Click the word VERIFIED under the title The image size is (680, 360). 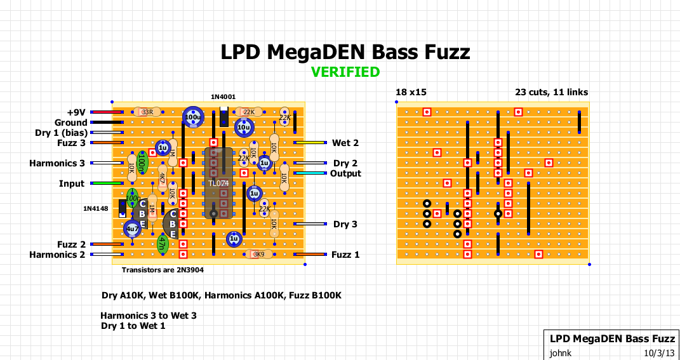tap(345, 72)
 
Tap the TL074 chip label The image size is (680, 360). tap(218, 183)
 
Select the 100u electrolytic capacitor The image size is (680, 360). tap(193, 117)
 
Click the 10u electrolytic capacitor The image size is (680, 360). tap(244, 127)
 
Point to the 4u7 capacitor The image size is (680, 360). tap(132, 229)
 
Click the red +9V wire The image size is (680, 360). tap(105, 112)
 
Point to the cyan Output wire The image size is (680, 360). tap(310, 173)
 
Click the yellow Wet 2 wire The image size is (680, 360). tap(310, 142)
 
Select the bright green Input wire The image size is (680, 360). tap(107, 183)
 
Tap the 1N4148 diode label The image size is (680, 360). tap(95, 208)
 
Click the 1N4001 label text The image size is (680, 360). tap(223, 97)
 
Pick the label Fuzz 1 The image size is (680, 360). tap(345, 255)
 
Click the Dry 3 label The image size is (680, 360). tap(345, 224)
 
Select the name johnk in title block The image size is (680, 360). tap(560, 352)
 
